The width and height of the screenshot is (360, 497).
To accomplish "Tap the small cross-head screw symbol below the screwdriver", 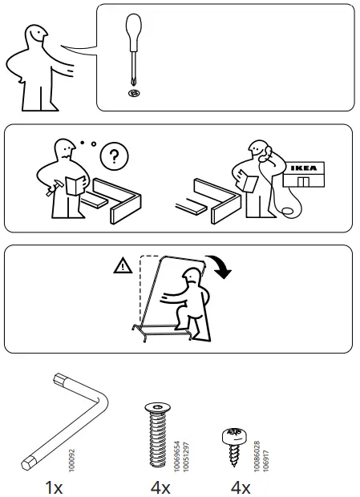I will pos(133,94).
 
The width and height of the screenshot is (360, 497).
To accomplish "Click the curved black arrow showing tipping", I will pos(217,267).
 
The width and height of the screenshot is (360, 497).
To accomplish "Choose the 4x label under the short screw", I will pos(240,486).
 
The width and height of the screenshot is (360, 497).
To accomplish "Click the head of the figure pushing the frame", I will pos(191,279).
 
